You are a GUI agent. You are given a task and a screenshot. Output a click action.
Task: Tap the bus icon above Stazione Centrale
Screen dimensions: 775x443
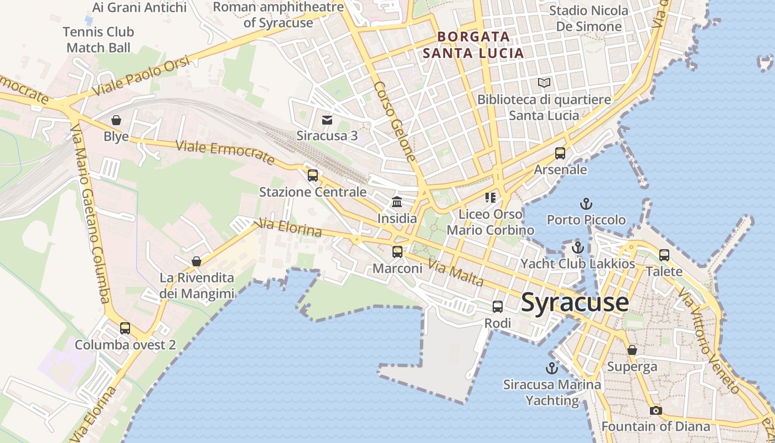(x=313, y=176)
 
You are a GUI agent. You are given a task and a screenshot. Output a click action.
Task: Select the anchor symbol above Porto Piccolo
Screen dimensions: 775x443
(x=586, y=204)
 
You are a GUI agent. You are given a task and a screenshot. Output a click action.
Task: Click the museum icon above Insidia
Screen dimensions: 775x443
(x=397, y=202)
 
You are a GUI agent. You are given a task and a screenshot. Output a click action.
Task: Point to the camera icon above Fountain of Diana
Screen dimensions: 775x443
(x=656, y=410)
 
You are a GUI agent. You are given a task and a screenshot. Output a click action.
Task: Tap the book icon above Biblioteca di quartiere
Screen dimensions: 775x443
(x=544, y=83)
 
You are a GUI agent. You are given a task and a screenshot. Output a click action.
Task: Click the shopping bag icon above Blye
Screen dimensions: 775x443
(x=116, y=120)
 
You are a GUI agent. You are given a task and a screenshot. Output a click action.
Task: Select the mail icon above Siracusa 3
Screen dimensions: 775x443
(x=327, y=120)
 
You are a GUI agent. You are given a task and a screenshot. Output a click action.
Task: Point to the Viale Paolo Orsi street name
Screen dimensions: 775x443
(x=142, y=76)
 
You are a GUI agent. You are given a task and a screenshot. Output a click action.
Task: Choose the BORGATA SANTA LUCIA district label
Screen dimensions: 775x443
(x=473, y=45)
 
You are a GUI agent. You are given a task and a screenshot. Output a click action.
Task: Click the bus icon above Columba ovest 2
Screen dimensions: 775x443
(x=125, y=328)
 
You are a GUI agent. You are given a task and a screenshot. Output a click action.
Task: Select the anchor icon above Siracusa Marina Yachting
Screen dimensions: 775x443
(x=552, y=368)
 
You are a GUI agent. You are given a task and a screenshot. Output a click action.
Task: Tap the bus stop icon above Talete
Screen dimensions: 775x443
(x=664, y=255)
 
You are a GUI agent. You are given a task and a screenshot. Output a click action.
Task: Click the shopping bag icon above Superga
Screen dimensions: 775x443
(x=632, y=350)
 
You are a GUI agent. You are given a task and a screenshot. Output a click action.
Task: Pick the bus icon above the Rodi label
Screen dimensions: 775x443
(x=498, y=306)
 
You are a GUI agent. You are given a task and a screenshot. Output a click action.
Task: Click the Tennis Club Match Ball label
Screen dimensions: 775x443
(x=99, y=40)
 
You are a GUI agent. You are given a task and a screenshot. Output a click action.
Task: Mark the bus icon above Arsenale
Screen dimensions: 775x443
(x=560, y=153)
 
